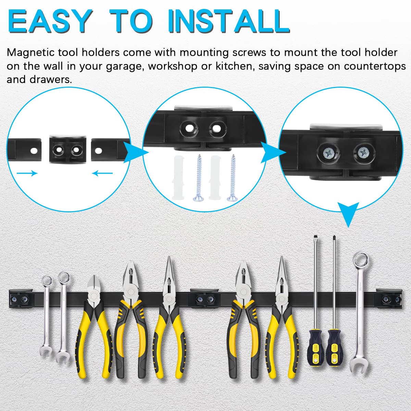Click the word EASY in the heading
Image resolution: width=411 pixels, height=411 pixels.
tap(50, 21)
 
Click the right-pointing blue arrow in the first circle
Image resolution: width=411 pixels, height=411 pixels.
tap(27, 173)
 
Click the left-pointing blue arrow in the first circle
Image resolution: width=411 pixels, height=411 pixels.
tap(102, 173)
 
